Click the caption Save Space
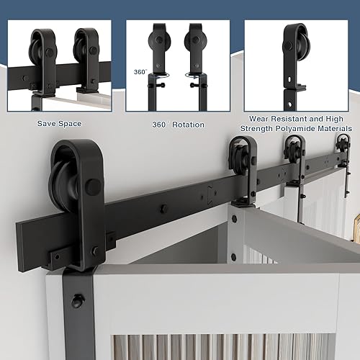59,124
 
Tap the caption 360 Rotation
178,125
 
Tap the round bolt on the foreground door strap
77,300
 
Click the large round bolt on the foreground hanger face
92,186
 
